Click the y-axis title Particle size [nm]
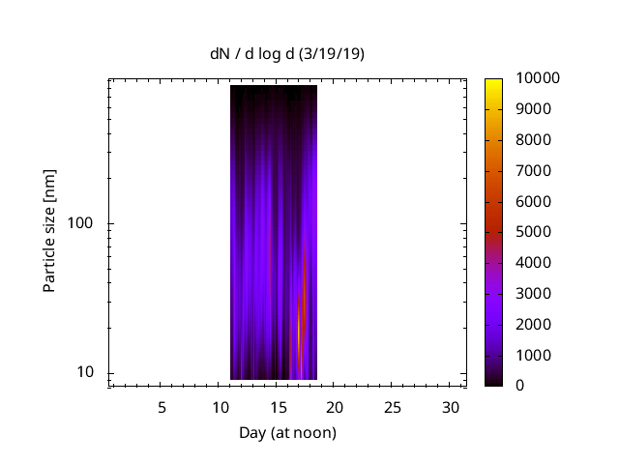(49, 231)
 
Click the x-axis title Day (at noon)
(287, 432)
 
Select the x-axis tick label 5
(162, 408)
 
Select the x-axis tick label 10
(220, 408)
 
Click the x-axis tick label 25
(393, 408)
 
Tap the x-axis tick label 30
(450, 408)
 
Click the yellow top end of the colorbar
(494, 81)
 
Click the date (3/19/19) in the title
(332, 54)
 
